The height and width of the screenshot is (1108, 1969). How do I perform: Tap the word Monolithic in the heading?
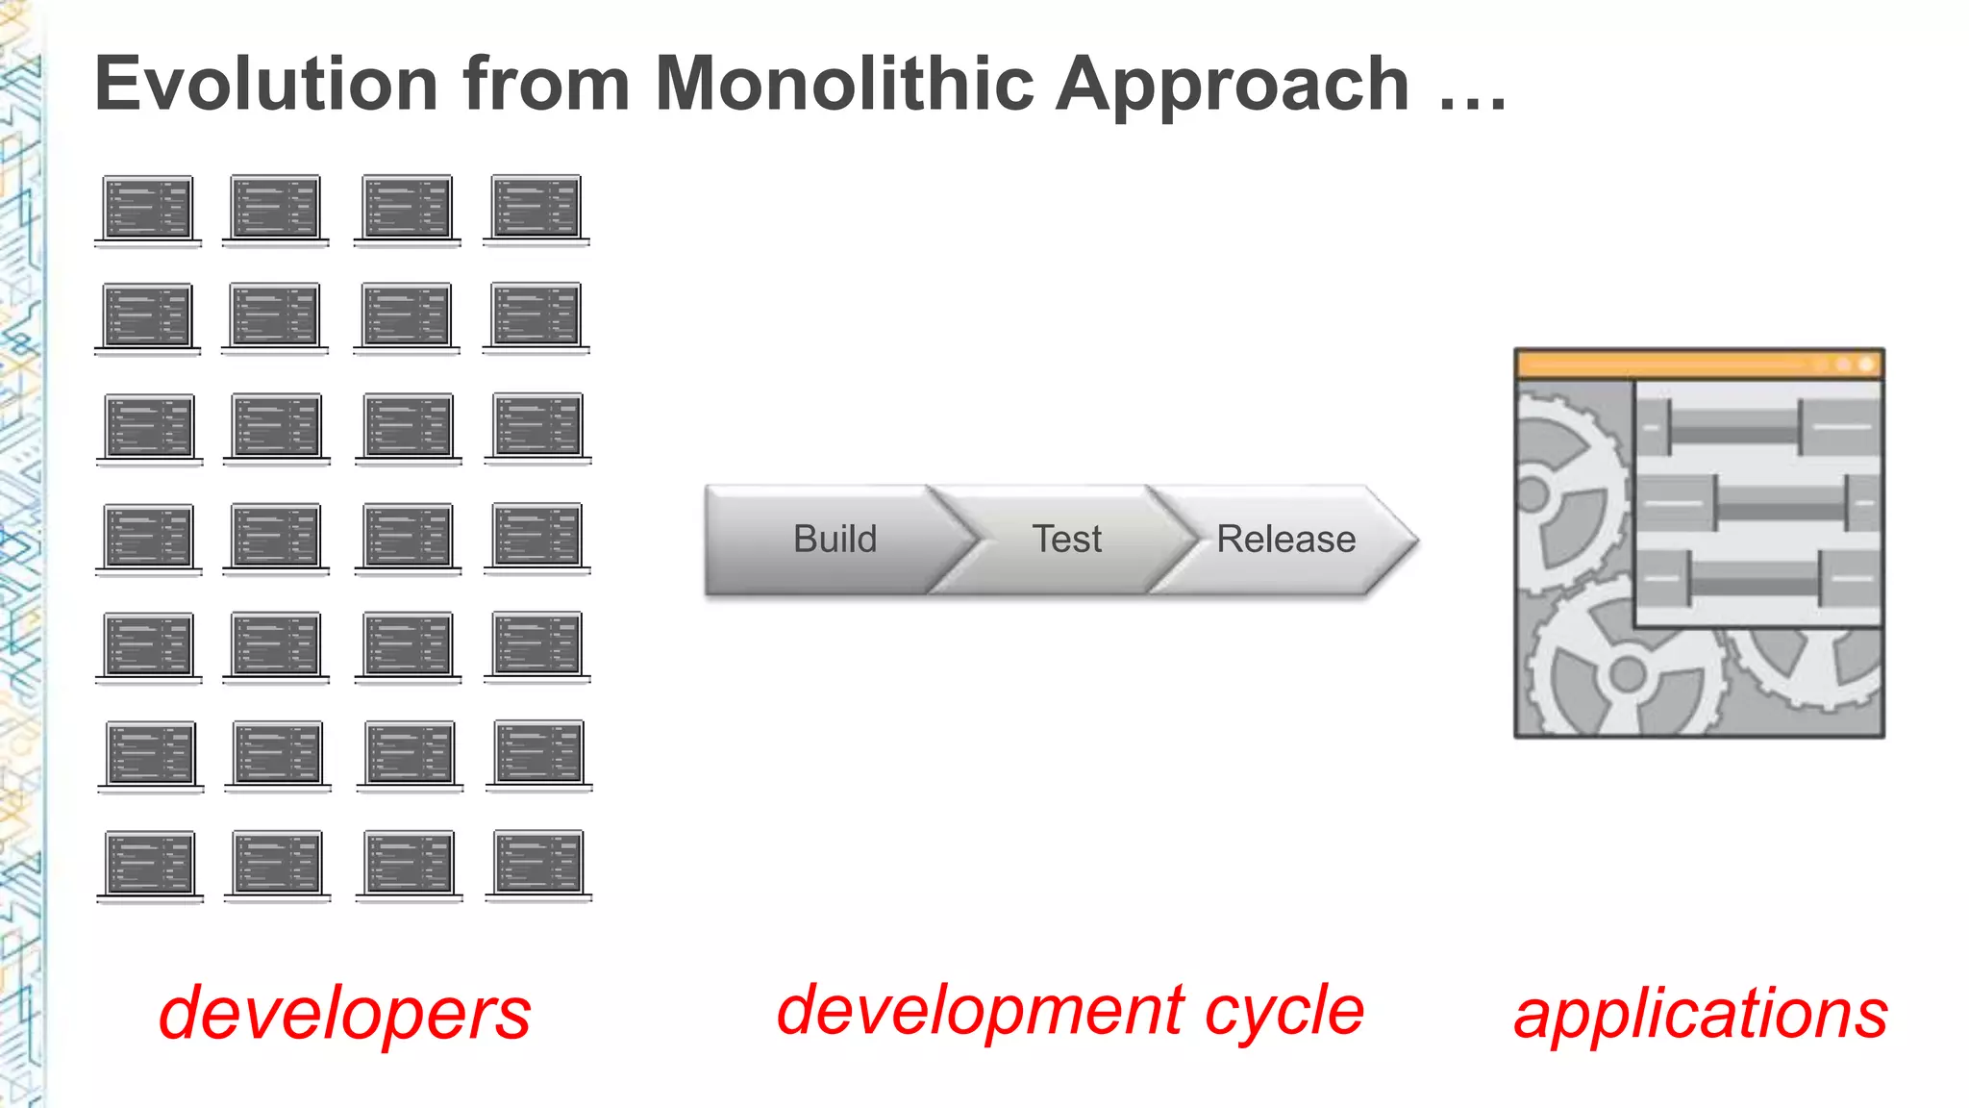844,85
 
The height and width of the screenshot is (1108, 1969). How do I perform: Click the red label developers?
344,1015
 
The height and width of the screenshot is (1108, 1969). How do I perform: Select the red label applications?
1700,1015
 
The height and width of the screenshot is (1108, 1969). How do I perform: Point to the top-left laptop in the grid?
148,210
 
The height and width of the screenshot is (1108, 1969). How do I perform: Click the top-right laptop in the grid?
536,209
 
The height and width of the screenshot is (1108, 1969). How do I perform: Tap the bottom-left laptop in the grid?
150,866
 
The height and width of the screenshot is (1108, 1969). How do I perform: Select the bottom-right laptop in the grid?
538,865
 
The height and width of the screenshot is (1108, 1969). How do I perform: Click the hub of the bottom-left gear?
1627,673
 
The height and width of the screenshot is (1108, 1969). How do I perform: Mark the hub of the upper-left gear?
1533,494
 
